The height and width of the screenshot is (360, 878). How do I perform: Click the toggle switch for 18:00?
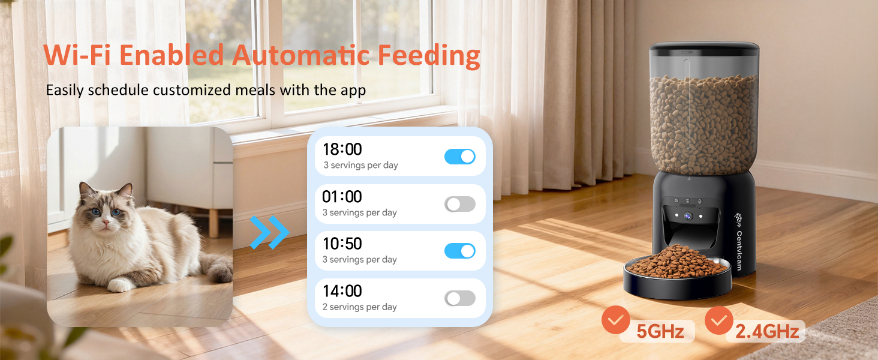(459, 157)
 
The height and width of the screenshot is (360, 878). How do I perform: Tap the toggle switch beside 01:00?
(459, 204)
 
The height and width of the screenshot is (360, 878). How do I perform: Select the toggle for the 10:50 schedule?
(459, 251)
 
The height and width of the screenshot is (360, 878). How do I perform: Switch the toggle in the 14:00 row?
(459, 298)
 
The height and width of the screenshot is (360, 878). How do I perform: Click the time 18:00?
(342, 149)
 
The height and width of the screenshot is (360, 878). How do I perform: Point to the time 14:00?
(342, 292)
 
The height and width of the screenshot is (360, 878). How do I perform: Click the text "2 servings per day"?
(360, 307)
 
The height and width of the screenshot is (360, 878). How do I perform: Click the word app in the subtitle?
(354, 91)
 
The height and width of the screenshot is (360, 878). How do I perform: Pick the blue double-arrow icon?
(269, 232)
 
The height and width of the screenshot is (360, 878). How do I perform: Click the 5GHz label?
(660, 331)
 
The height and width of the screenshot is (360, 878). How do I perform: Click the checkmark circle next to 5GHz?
(617, 320)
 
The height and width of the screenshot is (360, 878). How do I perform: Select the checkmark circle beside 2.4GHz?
(719, 320)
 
